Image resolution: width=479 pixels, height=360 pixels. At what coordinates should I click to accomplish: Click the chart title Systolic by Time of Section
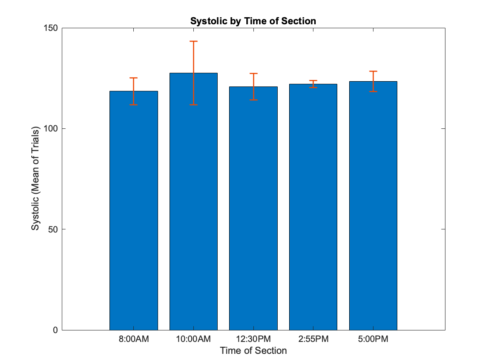pyautogui.click(x=253, y=21)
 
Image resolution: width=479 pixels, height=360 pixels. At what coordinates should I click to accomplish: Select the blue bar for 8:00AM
pyautogui.click(x=134, y=210)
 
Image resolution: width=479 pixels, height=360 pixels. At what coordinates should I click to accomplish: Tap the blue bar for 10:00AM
pyautogui.click(x=194, y=202)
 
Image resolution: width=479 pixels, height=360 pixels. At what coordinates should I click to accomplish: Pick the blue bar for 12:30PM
pyautogui.click(x=253, y=208)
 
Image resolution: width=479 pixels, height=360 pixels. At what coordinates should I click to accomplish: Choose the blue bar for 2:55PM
pyautogui.click(x=313, y=207)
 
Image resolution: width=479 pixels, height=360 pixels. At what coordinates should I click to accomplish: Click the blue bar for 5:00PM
pyautogui.click(x=373, y=206)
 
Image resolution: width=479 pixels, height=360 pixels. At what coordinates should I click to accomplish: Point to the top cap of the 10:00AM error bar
pyautogui.click(x=194, y=41)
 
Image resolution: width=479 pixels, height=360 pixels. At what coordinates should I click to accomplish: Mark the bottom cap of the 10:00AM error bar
pyautogui.click(x=194, y=105)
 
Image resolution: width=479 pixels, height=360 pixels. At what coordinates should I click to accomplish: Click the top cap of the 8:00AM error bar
pyautogui.click(x=134, y=78)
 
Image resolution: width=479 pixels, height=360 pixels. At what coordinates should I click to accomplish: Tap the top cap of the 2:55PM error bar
pyautogui.click(x=313, y=81)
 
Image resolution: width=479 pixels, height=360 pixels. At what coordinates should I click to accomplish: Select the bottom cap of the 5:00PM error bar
pyautogui.click(x=373, y=92)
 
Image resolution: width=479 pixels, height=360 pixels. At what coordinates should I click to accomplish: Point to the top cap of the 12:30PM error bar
pyautogui.click(x=253, y=74)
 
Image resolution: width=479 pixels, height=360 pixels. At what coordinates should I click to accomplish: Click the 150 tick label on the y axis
pyautogui.click(x=51, y=28)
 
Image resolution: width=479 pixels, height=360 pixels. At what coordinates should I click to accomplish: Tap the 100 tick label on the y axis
pyautogui.click(x=51, y=128)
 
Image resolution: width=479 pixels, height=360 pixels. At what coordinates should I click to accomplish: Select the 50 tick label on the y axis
pyautogui.click(x=53, y=229)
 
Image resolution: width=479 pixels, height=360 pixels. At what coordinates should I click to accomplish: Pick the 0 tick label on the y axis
pyautogui.click(x=55, y=330)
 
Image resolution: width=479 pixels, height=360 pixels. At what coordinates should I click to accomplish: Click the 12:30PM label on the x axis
pyautogui.click(x=253, y=339)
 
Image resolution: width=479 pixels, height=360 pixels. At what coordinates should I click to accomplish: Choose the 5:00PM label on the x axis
pyautogui.click(x=373, y=339)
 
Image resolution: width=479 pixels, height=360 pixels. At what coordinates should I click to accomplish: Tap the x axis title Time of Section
pyautogui.click(x=253, y=351)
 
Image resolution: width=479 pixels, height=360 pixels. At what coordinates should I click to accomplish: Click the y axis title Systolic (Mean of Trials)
pyautogui.click(x=35, y=178)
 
